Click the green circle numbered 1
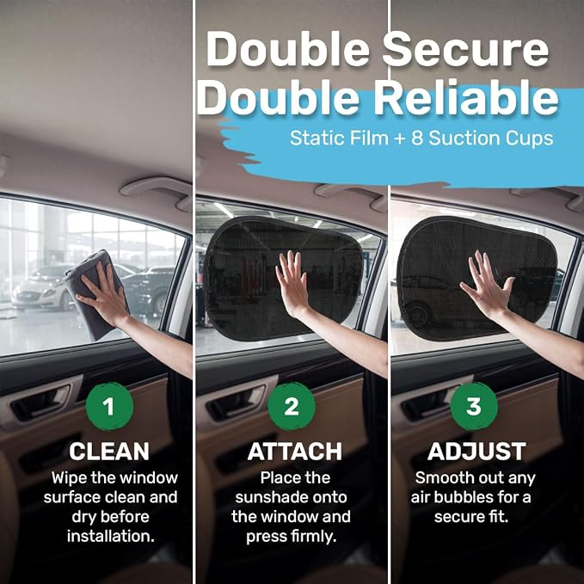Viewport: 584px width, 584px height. [109, 406]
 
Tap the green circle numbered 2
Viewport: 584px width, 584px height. [292, 406]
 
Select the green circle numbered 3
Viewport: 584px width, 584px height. [474, 406]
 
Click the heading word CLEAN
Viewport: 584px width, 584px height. [109, 452]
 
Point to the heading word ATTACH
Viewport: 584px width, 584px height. [295, 452]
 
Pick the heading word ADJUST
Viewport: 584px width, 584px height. [476, 452]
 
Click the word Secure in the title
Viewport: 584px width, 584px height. [465, 49]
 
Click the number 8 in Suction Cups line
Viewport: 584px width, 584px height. [417, 138]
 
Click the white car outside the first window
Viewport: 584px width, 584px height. [41, 291]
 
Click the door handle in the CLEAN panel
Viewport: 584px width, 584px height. [41, 403]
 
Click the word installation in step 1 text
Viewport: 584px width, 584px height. [111, 537]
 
